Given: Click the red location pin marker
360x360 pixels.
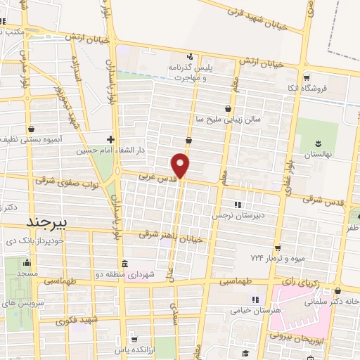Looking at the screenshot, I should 181,165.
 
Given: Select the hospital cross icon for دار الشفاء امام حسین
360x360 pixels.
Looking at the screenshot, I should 110,139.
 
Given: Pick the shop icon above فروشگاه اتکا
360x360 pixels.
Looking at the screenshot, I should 306,78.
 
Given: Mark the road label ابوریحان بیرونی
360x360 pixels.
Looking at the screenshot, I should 299,337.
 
